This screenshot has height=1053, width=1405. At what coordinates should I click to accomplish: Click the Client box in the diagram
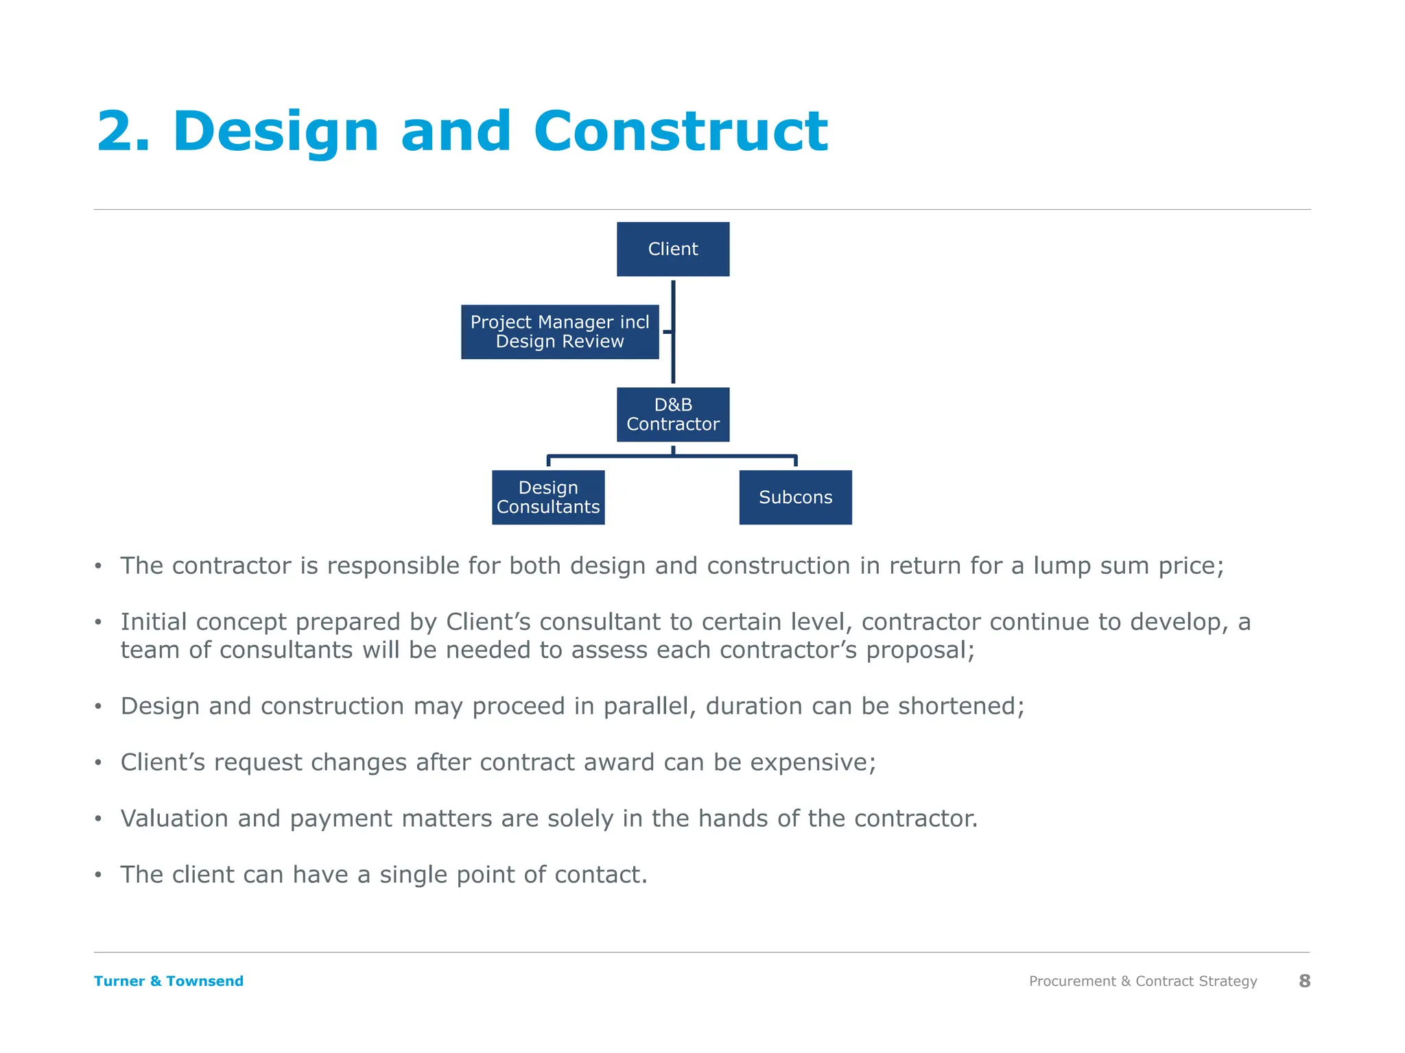point(672,249)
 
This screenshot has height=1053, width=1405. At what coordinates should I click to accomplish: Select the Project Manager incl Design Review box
point(559,332)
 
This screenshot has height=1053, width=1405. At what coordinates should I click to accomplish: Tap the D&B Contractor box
point(672,414)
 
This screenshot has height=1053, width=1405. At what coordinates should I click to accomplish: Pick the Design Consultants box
point(547,497)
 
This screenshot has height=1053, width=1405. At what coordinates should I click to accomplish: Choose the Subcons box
point(795,497)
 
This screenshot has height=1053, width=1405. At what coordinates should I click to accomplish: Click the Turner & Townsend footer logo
point(169,981)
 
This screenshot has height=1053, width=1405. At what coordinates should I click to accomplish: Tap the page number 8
point(1304,981)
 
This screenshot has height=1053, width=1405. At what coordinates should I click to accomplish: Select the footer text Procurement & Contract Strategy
point(1142,981)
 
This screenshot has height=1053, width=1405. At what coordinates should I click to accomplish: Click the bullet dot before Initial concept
point(98,622)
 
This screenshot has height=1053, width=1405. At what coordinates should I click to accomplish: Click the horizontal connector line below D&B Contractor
point(734,455)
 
